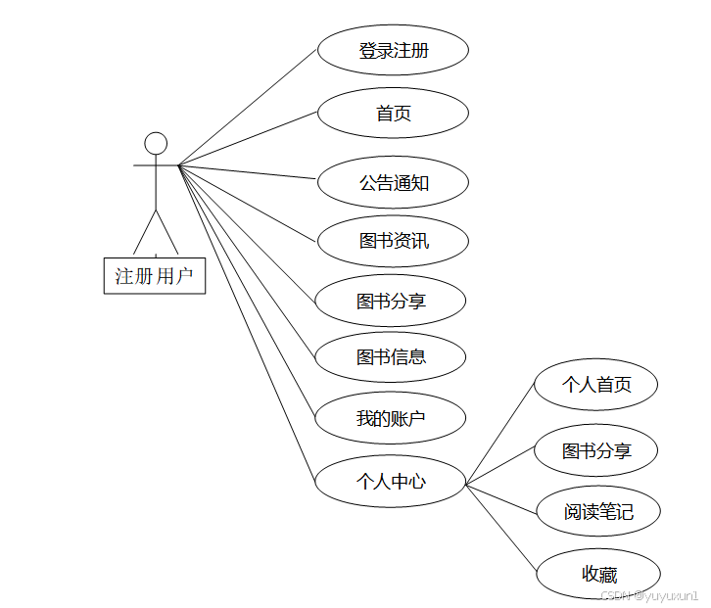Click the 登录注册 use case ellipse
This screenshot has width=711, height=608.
click(x=393, y=51)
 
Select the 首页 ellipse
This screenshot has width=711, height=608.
click(x=393, y=114)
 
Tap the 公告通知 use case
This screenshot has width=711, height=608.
click(x=393, y=182)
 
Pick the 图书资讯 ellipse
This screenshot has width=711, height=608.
click(x=393, y=241)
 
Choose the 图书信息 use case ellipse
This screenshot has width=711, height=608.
click(x=391, y=357)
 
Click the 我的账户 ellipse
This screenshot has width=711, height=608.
click(x=391, y=419)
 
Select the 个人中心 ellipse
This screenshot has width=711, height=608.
click(x=391, y=481)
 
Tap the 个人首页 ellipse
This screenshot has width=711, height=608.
click(x=595, y=385)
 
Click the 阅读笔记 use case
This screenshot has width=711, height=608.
click(x=598, y=511)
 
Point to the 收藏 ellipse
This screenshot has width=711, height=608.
click(x=598, y=575)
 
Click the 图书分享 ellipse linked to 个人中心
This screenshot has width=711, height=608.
click(x=595, y=450)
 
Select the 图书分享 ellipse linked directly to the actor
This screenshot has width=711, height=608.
click(x=391, y=301)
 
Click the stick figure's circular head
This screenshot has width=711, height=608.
click(x=156, y=143)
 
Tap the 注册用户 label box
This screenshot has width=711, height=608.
click(x=155, y=275)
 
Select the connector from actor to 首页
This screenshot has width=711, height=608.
click(x=248, y=138)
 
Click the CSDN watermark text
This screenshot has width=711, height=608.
click(x=649, y=595)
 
